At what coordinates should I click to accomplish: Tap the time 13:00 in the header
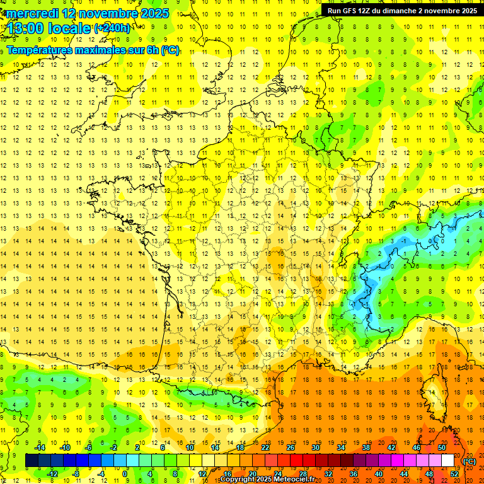[x=25, y=28]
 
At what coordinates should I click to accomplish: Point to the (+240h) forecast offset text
[x=113, y=28]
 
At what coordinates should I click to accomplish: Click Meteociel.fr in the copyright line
[x=299, y=480]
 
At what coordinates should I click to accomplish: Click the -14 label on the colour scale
[x=40, y=447]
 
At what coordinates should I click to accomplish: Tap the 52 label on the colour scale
[x=454, y=474]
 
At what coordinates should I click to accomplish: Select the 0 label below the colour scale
[x=125, y=474]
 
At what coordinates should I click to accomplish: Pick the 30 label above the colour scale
[x=315, y=447]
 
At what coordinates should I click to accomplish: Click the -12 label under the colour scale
[x=52, y=474]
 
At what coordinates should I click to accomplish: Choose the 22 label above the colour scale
[x=265, y=447]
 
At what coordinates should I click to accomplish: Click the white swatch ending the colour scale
[x=448, y=461]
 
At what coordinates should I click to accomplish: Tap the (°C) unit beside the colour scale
[x=470, y=461]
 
